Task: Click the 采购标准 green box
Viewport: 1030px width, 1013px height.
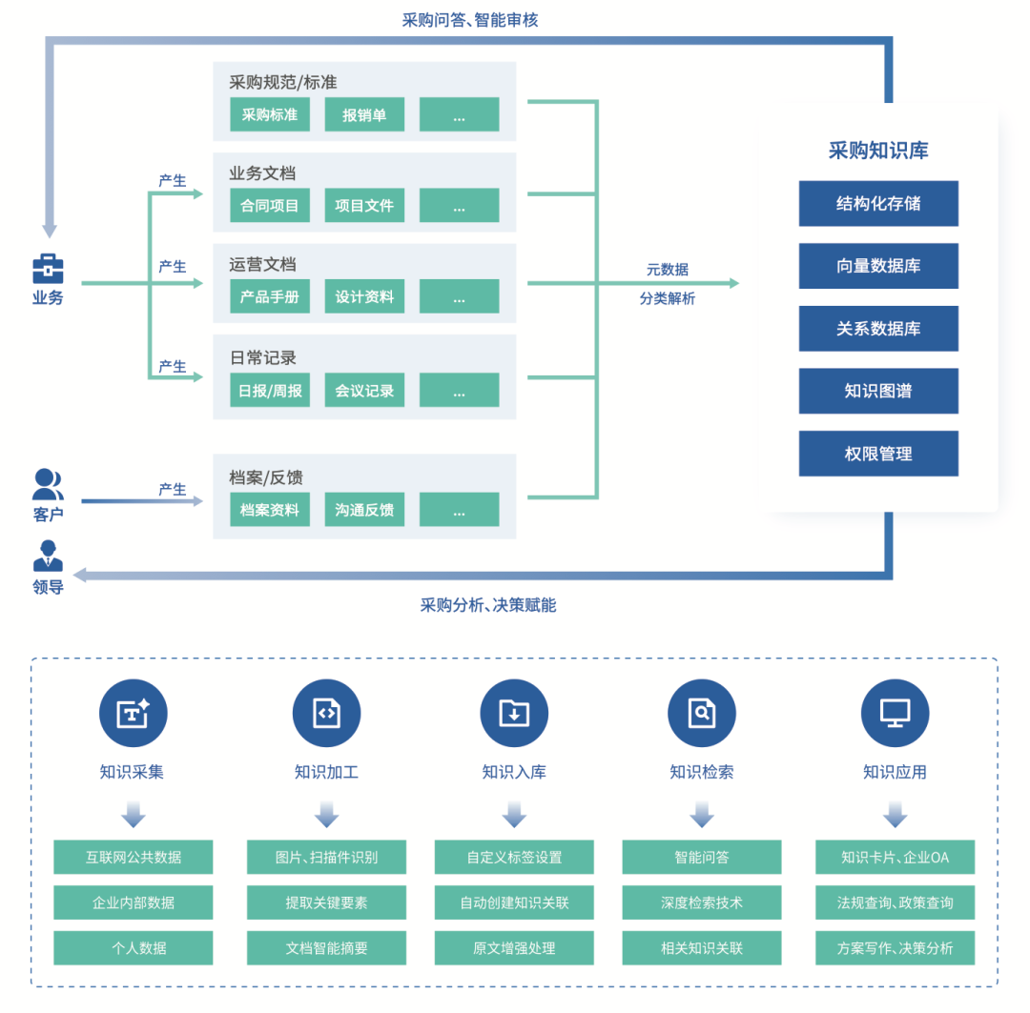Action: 269,115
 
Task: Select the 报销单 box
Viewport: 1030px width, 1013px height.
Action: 364,115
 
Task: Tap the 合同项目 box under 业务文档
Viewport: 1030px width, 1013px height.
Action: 269,206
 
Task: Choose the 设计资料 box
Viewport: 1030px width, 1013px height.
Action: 364,296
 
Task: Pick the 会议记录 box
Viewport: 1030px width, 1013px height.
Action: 364,391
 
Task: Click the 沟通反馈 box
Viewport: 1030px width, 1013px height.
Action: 364,510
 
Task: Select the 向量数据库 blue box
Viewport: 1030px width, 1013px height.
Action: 878,266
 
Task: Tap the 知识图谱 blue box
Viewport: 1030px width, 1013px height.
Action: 878,391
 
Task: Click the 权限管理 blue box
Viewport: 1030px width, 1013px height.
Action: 878,454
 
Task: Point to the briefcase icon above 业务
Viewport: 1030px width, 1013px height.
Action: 48,269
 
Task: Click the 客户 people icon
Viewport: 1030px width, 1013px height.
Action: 48,484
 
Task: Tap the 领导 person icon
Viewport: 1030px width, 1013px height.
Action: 48,557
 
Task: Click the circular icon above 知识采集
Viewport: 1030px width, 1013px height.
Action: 134,713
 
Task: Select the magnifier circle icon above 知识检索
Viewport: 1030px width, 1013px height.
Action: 702,713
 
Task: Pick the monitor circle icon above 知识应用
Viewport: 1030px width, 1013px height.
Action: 895,713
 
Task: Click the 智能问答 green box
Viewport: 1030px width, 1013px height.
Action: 702,857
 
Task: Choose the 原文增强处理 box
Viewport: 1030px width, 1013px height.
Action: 514,948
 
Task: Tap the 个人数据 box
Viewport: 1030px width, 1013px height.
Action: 134,948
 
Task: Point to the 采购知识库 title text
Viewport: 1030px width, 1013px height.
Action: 878,151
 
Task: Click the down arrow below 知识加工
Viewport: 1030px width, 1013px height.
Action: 326,814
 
